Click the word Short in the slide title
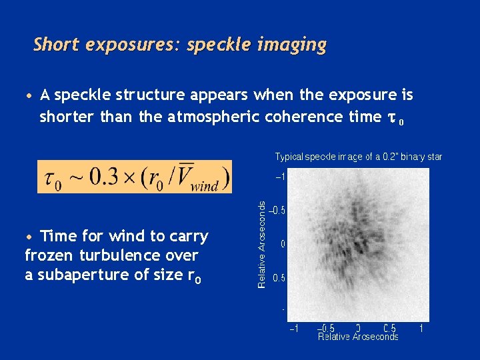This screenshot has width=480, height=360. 56,45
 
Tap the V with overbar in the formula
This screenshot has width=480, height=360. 179,176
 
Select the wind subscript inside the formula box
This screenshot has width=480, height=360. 205,185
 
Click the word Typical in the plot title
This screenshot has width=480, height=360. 290,157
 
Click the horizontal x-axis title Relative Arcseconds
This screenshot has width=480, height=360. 358,337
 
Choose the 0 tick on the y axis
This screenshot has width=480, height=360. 283,244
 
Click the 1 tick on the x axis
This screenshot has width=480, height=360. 421,328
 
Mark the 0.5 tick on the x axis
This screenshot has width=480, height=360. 390,328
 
